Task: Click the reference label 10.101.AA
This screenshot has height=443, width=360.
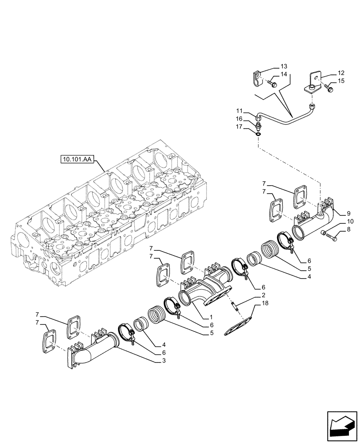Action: click(76, 159)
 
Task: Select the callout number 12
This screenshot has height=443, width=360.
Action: click(340, 73)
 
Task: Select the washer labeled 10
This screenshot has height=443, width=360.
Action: click(324, 233)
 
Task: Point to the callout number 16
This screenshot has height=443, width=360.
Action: click(239, 119)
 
